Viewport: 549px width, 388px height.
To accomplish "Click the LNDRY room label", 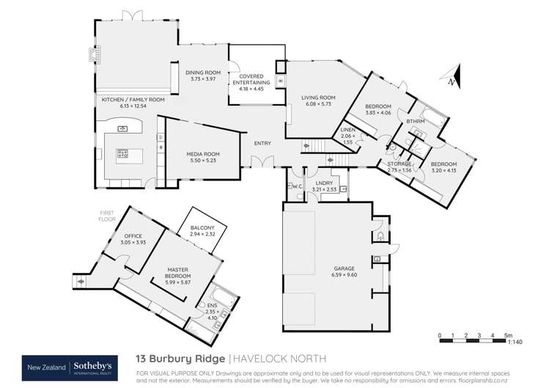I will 324,185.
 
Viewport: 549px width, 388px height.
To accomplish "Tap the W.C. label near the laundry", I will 297,186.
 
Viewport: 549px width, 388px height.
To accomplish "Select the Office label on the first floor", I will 122,236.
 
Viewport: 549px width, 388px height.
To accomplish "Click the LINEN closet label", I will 348,131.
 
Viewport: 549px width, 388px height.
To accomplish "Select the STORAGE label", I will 399,164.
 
